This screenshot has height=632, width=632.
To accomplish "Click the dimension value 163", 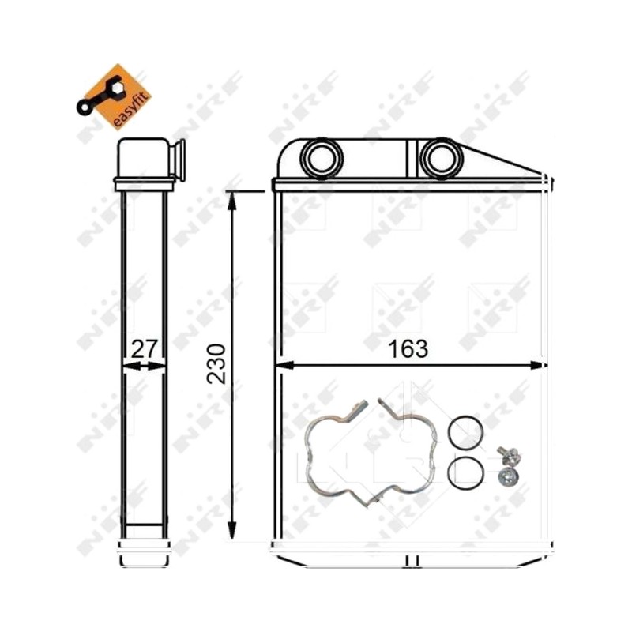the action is pyautogui.click(x=407, y=349).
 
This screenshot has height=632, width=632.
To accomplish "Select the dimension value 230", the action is pyautogui.click(x=216, y=363).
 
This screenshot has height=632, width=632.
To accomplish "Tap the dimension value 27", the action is pyautogui.click(x=144, y=349).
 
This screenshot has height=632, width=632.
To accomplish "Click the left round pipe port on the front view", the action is pyautogui.click(x=322, y=158).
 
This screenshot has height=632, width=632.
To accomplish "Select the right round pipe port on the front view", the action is pyautogui.click(x=441, y=158).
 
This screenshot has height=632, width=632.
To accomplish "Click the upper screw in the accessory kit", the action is pyautogui.click(x=509, y=456).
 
